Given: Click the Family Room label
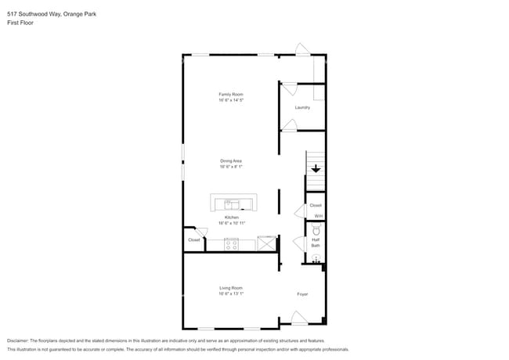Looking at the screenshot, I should pos(230,94).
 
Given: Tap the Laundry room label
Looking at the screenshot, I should pos(302,107).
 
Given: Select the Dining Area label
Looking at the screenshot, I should pos(230,160).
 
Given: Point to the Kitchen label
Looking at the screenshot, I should pos(231,217).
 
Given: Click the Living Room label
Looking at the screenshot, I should pos(230,287).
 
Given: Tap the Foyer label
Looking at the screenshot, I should pos(302,294).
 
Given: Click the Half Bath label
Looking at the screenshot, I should pos(316,243).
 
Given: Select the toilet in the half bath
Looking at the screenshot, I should pos(316,230).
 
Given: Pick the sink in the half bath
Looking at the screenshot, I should pos(316,258).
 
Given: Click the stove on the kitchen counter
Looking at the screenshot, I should pos(231,243).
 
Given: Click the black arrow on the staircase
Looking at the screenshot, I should pos(316,168).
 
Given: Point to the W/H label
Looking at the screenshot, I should pos(318,216).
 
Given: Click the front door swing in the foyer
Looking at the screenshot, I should pos(298,318).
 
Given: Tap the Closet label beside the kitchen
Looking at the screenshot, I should pos(193,240).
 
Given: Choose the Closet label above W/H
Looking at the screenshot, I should pos(316,205).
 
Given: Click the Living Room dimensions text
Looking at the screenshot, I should pos(231,293).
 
